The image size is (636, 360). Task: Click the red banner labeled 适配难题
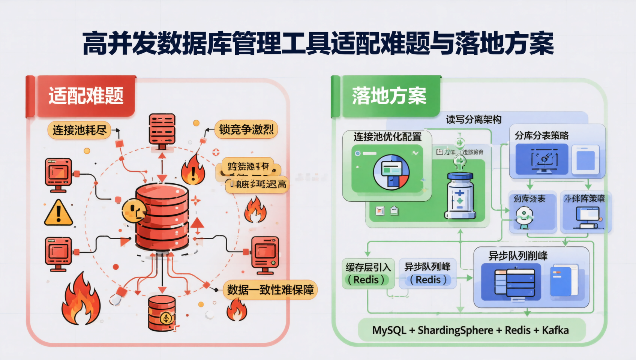[x=85, y=96]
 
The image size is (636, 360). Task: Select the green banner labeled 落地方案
[x=388, y=96]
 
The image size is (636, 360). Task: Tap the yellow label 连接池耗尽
[x=79, y=130]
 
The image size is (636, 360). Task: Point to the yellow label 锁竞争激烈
[x=246, y=129]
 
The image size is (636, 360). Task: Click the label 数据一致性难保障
[x=270, y=289]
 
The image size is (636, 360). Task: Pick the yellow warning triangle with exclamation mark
[x=58, y=213]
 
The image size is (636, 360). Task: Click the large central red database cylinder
[x=162, y=217]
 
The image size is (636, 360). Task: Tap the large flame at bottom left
[x=81, y=300]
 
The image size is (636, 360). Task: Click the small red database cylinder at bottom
[x=162, y=313]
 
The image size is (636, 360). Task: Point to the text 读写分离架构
[x=474, y=120]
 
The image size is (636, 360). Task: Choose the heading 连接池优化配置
[x=387, y=137]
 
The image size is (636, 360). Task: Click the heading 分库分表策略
[x=541, y=135]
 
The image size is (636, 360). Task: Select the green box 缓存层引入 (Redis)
[x=368, y=274]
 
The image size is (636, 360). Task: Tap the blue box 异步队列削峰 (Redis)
[x=427, y=274]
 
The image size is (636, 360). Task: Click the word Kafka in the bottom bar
[x=555, y=330]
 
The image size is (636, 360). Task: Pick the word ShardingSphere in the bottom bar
[x=455, y=330]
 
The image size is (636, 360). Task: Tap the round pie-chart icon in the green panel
[x=391, y=172]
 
